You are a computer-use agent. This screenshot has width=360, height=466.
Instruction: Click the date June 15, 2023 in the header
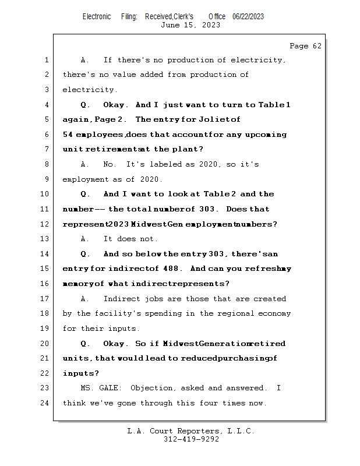point(190,25)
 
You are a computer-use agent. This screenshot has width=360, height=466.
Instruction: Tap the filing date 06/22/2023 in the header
point(248,16)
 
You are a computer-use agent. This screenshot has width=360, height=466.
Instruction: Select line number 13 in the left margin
point(46,239)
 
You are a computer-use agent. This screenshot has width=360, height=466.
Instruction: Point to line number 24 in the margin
point(46,403)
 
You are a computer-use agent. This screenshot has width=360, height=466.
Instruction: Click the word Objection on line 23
point(151,388)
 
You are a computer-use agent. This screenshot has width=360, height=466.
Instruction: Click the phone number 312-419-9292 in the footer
point(191,440)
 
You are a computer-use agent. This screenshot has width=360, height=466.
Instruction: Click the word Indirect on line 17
point(122,299)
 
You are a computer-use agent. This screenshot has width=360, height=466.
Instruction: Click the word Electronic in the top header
point(97,16)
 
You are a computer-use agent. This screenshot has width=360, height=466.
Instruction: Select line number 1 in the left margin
point(46,60)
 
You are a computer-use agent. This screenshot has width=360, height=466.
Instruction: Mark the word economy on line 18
point(275,314)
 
